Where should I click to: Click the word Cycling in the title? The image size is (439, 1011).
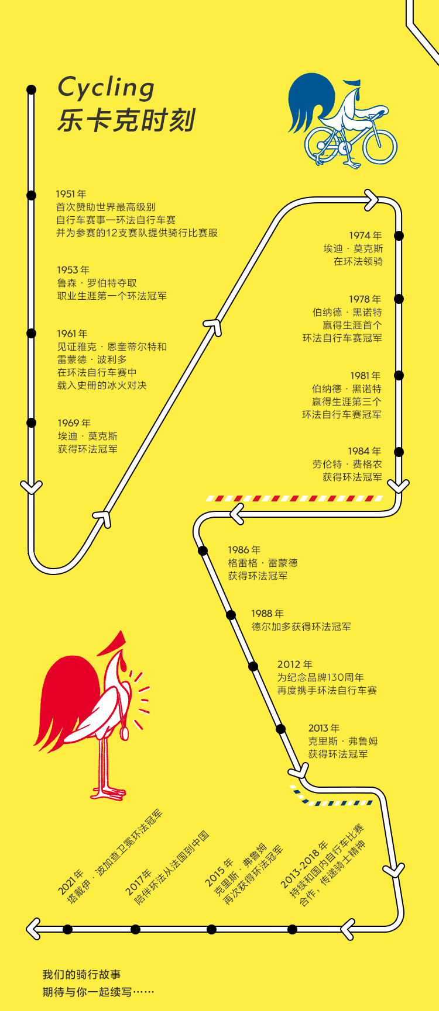tap(106, 88)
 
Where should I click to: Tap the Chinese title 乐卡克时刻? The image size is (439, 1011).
tap(126, 120)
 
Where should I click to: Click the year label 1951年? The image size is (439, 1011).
tap(71, 194)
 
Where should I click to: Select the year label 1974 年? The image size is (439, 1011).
tap(365, 236)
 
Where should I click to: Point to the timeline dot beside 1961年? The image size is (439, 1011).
tap(32, 333)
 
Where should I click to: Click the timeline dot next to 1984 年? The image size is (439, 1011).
tap(399, 452)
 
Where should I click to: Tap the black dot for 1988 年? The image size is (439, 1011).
tap(231, 615)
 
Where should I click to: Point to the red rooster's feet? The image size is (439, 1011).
tap(109, 792)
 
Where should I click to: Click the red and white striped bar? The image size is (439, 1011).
tap(294, 498)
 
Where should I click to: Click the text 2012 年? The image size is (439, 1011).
tap(294, 664)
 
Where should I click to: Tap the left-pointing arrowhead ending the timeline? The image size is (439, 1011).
tap(33, 929)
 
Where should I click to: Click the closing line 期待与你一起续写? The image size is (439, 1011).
tap(98, 992)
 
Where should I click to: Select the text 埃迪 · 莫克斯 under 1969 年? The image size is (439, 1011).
tap(88, 437)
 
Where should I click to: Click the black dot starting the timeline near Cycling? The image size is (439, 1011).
tap(32, 89)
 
